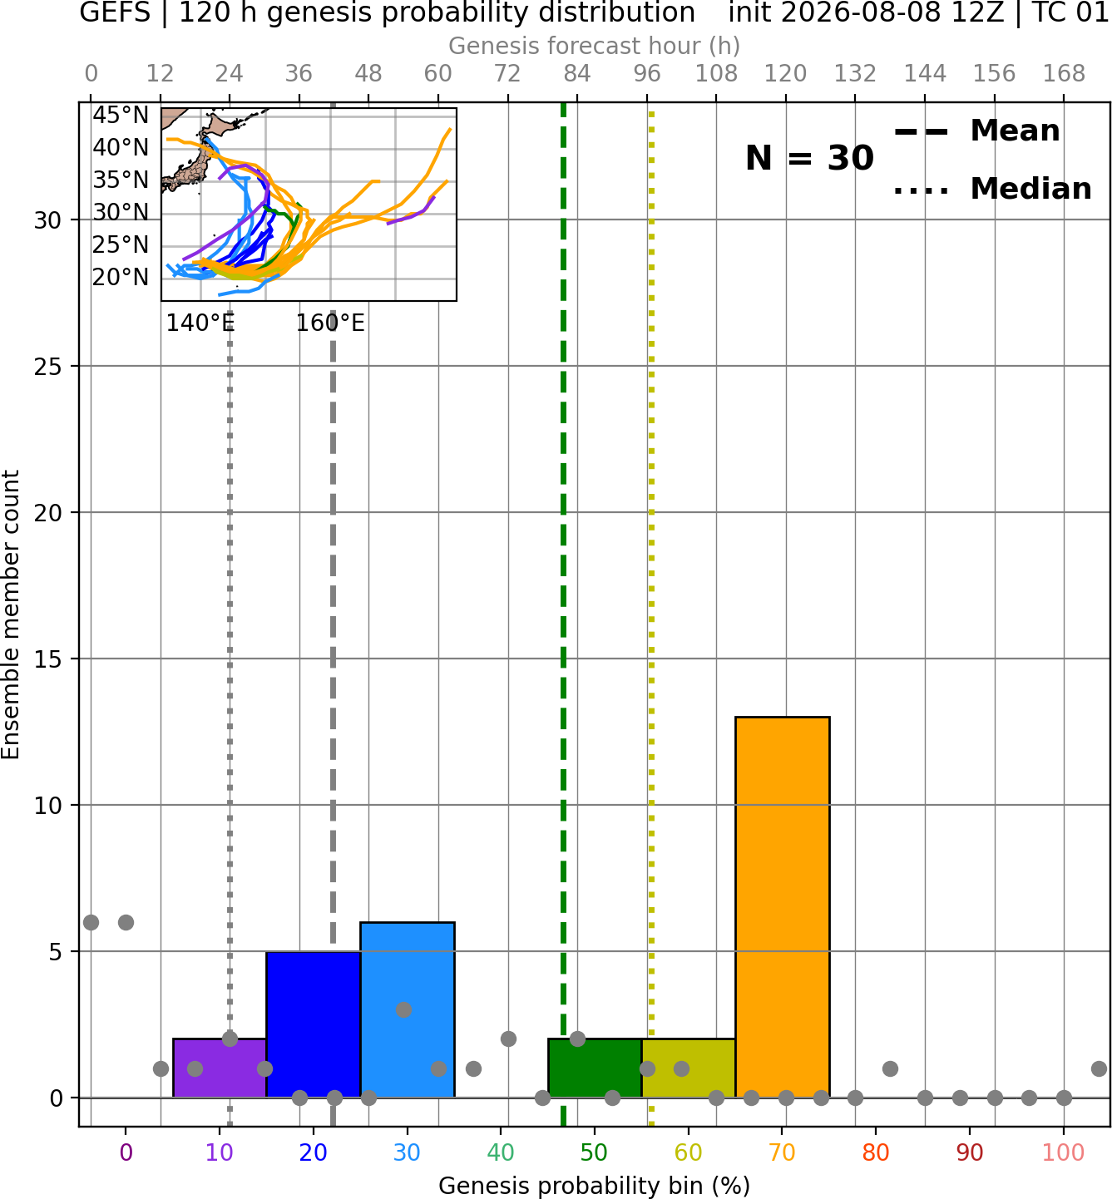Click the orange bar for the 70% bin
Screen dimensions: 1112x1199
point(782,907)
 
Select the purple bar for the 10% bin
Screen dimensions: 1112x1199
point(220,1068)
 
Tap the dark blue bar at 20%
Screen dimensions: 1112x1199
point(314,1024)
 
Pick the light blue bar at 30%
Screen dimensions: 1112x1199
point(407,1010)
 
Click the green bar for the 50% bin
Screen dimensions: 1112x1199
point(595,1068)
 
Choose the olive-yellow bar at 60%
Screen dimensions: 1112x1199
point(689,1068)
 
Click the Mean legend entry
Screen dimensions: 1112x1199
point(976,131)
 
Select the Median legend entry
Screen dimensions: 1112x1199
point(993,189)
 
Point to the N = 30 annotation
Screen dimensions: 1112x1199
point(809,158)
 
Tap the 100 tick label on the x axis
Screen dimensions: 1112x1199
point(1064,1152)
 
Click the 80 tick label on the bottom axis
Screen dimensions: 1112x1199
point(876,1152)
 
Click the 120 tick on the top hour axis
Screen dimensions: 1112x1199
point(785,74)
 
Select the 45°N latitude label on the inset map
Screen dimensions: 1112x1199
point(121,115)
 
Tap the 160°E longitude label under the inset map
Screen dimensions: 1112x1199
point(330,323)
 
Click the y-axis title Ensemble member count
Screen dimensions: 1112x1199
point(11,614)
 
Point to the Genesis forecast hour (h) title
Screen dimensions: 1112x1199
point(595,46)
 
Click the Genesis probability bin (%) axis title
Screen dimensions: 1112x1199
point(595,1187)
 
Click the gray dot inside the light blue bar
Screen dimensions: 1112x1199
point(403,1009)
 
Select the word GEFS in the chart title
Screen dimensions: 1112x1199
point(115,12)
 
